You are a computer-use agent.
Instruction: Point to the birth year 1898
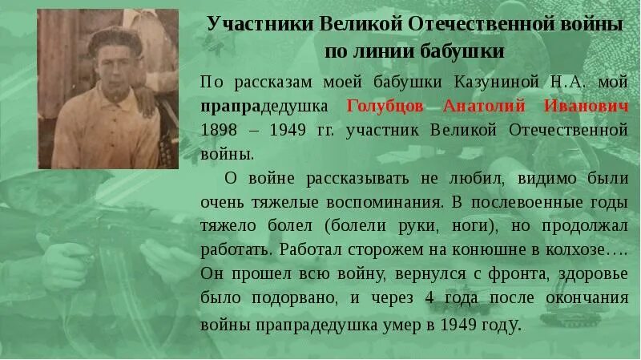point(220,128)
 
